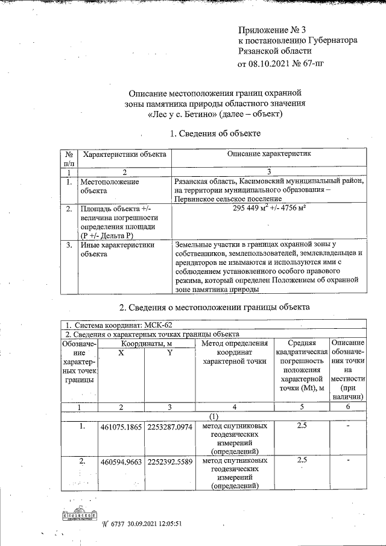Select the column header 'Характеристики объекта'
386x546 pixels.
tap(124, 154)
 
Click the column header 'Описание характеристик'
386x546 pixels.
tap(269, 154)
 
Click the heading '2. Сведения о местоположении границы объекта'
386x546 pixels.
tap(215, 307)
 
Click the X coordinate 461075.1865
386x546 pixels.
tap(121, 427)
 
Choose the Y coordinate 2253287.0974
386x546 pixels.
tap(169, 427)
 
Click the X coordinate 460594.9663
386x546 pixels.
tap(121, 462)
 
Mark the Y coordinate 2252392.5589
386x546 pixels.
tap(169, 462)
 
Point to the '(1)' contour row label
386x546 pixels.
tap(214, 416)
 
